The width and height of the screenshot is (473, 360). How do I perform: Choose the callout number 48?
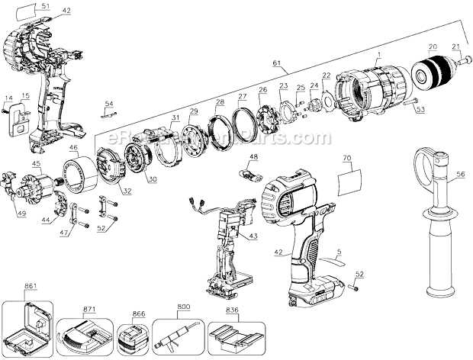coord(253,158)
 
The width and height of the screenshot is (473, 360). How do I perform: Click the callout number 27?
coord(243,96)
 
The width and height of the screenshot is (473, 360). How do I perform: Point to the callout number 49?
coord(21,214)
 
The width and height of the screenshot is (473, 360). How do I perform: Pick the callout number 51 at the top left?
coord(45,6)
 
